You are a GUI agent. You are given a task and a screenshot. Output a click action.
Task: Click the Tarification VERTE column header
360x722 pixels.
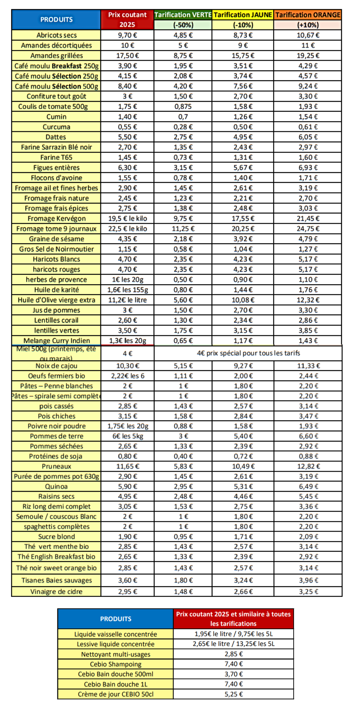point(183,15)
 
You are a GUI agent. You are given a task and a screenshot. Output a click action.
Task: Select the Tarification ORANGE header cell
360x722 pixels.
point(308,15)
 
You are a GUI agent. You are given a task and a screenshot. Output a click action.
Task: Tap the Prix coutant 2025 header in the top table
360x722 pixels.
point(127,19)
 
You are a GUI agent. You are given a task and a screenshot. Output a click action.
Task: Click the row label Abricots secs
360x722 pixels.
point(56,35)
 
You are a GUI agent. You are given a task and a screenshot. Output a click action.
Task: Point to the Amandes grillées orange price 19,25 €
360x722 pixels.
point(308,55)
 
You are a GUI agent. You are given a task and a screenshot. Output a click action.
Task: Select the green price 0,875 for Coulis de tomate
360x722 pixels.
point(183,106)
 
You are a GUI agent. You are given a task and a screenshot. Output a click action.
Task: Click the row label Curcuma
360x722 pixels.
point(56,127)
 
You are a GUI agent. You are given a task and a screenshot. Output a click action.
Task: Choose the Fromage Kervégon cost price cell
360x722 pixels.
point(128,219)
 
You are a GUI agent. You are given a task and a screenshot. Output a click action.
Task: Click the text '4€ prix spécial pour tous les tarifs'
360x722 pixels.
point(248,353)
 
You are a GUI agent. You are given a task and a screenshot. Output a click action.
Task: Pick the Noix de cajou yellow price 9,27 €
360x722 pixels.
point(243,366)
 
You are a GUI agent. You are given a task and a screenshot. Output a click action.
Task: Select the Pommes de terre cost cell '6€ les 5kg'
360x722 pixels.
point(128,436)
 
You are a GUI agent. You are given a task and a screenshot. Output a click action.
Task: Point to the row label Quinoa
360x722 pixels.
point(56,487)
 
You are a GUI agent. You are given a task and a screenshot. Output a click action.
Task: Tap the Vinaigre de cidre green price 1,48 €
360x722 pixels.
point(183,592)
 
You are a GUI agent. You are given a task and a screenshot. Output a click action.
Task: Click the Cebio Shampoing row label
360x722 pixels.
point(116,664)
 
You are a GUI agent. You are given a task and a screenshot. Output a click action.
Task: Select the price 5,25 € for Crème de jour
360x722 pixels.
point(234,694)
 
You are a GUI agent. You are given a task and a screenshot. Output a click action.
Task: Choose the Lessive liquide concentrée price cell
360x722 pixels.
point(234,644)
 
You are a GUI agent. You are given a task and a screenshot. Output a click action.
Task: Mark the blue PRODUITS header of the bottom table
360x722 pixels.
point(116,619)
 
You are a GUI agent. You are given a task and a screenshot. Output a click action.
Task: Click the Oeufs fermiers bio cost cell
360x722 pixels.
point(128,376)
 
